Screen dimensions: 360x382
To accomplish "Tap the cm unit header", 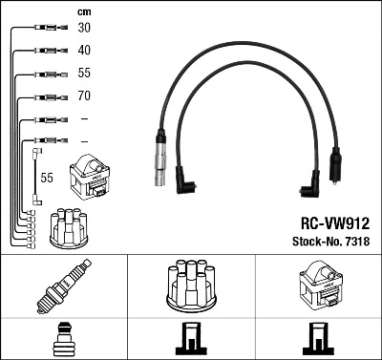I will tap(83, 11).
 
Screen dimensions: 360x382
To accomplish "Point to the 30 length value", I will tap(84, 28).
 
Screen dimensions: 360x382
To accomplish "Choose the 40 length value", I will tap(84, 50).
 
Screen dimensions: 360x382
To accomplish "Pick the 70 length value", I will tap(84, 96).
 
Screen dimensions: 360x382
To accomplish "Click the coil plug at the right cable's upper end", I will tap(334, 162).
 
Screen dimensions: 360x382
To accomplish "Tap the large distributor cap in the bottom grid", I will tap(190, 286).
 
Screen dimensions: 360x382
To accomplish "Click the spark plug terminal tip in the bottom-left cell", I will tap(63, 339).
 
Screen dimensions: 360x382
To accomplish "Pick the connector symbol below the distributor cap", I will tap(190, 340).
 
